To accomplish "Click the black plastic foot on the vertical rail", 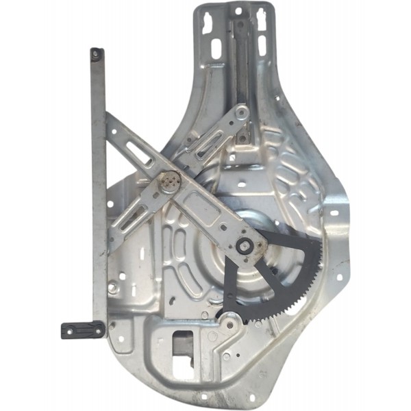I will coord(82,330).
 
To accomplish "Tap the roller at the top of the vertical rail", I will coord(96,52).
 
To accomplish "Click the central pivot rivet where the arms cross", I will coord(169,182).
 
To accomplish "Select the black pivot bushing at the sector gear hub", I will coord(243,248).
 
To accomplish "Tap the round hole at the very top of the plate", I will coord(238,12).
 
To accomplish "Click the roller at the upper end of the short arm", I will coord(241,112).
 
